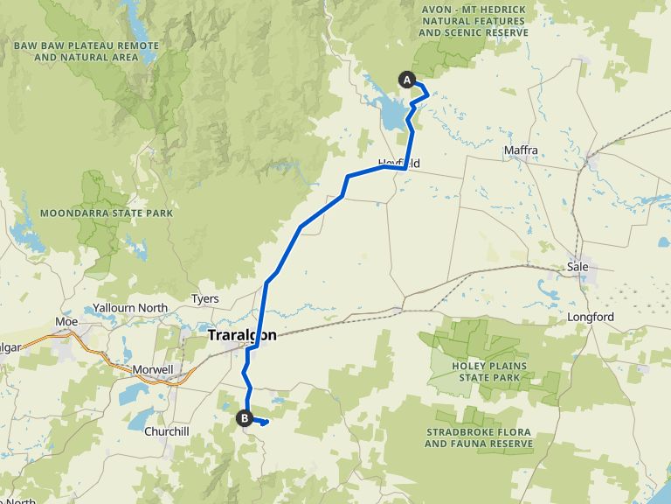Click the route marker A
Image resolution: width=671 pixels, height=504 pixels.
406,80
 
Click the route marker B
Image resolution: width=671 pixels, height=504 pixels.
245,418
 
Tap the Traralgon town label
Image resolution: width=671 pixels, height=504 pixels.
242,335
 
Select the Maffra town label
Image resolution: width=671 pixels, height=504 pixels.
521,150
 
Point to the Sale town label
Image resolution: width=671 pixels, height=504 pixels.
578,266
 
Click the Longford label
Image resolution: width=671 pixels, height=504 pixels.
591,317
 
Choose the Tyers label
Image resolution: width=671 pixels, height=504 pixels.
204,299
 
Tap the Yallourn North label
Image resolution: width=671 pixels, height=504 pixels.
129,308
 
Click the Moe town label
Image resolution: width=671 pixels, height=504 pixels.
66,322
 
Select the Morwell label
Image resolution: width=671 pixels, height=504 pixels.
153,369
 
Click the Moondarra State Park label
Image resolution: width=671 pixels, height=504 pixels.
107,213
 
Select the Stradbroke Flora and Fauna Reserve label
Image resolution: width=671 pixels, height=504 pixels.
479,438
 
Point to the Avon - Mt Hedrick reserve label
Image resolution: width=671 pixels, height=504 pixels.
473,21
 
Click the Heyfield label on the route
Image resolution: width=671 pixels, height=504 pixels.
399,164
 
